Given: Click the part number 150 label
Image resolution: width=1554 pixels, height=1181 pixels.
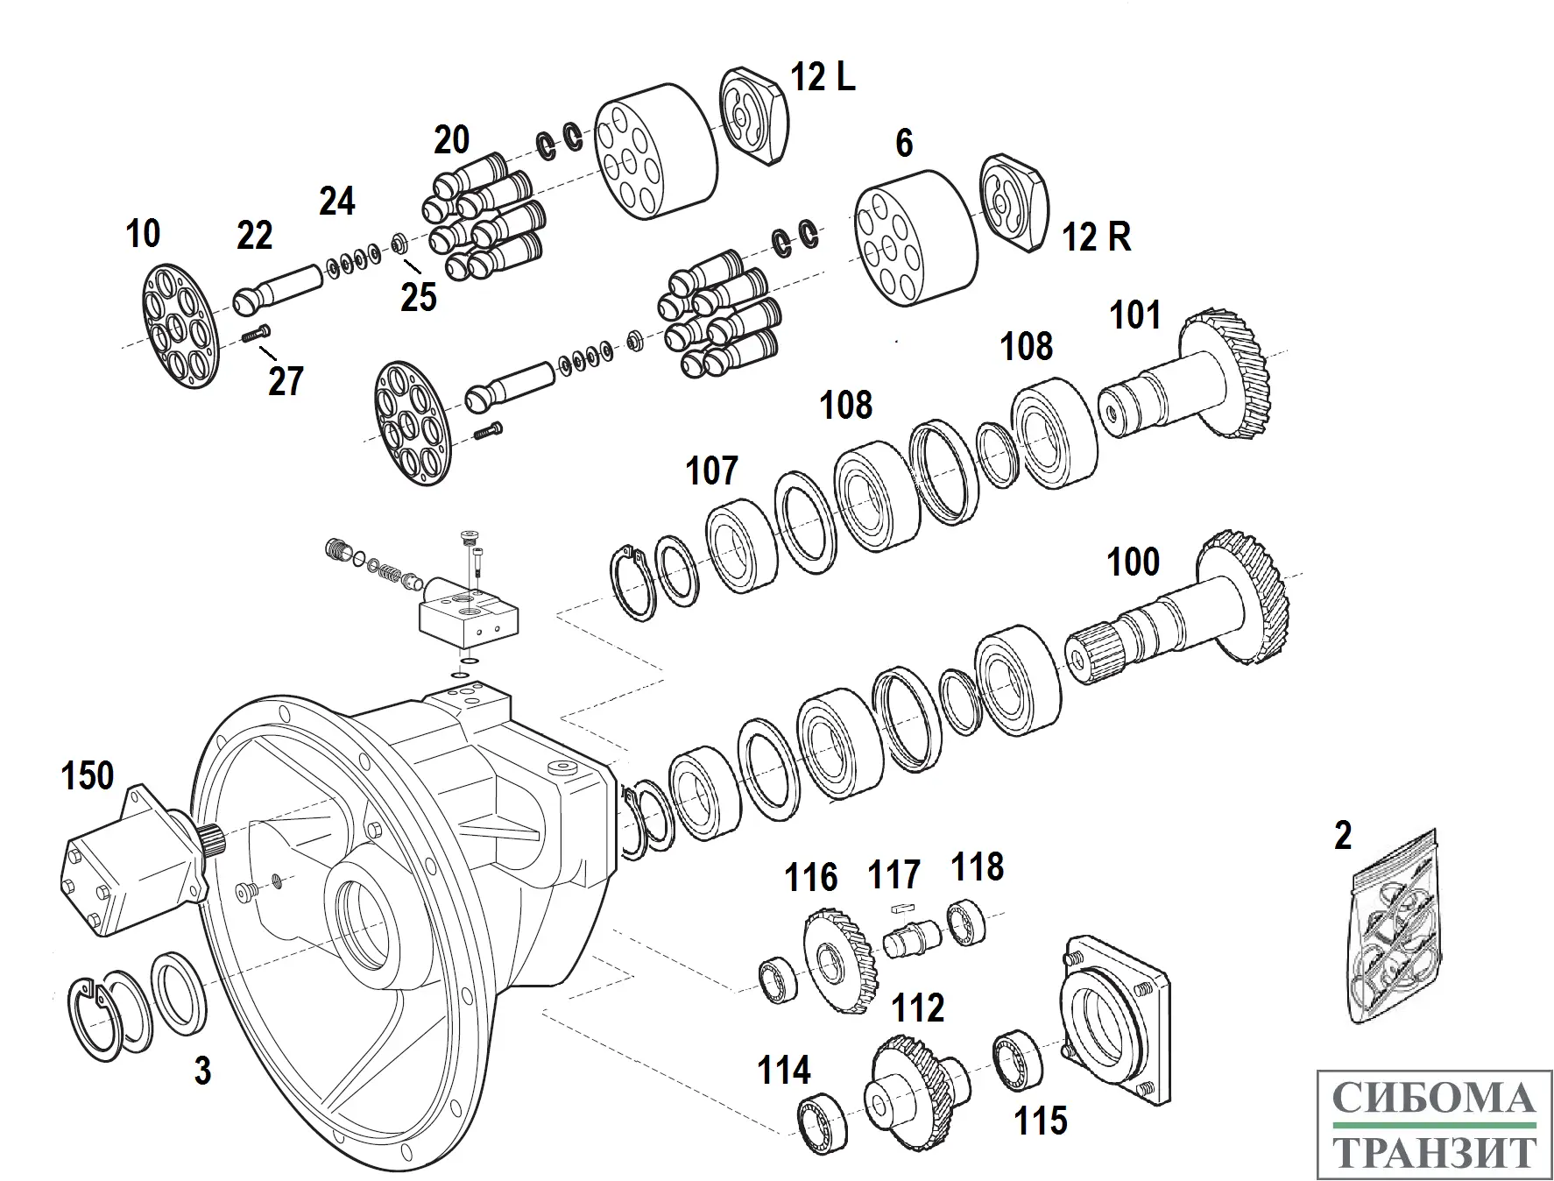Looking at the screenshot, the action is click(88, 776).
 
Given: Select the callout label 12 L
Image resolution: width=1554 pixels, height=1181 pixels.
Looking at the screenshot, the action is click(823, 77).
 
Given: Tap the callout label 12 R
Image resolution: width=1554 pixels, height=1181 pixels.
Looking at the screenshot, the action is click(1096, 237).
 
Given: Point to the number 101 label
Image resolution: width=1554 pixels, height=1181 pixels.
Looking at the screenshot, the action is click(1135, 315).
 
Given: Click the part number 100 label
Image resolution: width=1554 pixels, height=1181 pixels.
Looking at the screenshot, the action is click(1134, 562).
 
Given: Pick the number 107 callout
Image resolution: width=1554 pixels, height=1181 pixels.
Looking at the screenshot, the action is click(711, 470).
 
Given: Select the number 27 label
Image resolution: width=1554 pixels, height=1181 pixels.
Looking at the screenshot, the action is click(286, 381).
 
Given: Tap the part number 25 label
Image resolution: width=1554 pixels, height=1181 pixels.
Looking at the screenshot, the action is click(418, 297).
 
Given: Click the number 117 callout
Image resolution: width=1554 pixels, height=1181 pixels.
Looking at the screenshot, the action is click(894, 874).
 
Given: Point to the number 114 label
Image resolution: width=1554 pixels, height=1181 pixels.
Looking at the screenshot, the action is click(784, 1071).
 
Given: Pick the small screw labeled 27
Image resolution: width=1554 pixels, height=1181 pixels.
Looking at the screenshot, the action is click(256, 334).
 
